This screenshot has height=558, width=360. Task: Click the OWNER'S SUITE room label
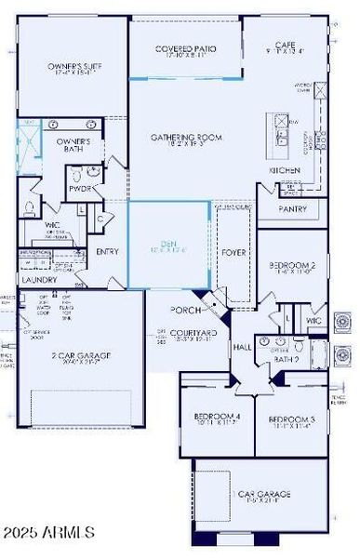[x=72, y=67]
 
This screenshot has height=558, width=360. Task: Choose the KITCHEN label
[x=285, y=172]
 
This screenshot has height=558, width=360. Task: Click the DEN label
[x=168, y=244]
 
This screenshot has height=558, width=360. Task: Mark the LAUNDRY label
[x=39, y=279]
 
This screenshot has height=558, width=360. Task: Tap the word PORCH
[x=186, y=310]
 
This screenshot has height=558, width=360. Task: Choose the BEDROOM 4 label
[x=216, y=417]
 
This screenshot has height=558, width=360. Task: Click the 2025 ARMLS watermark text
[x=49, y=534]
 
